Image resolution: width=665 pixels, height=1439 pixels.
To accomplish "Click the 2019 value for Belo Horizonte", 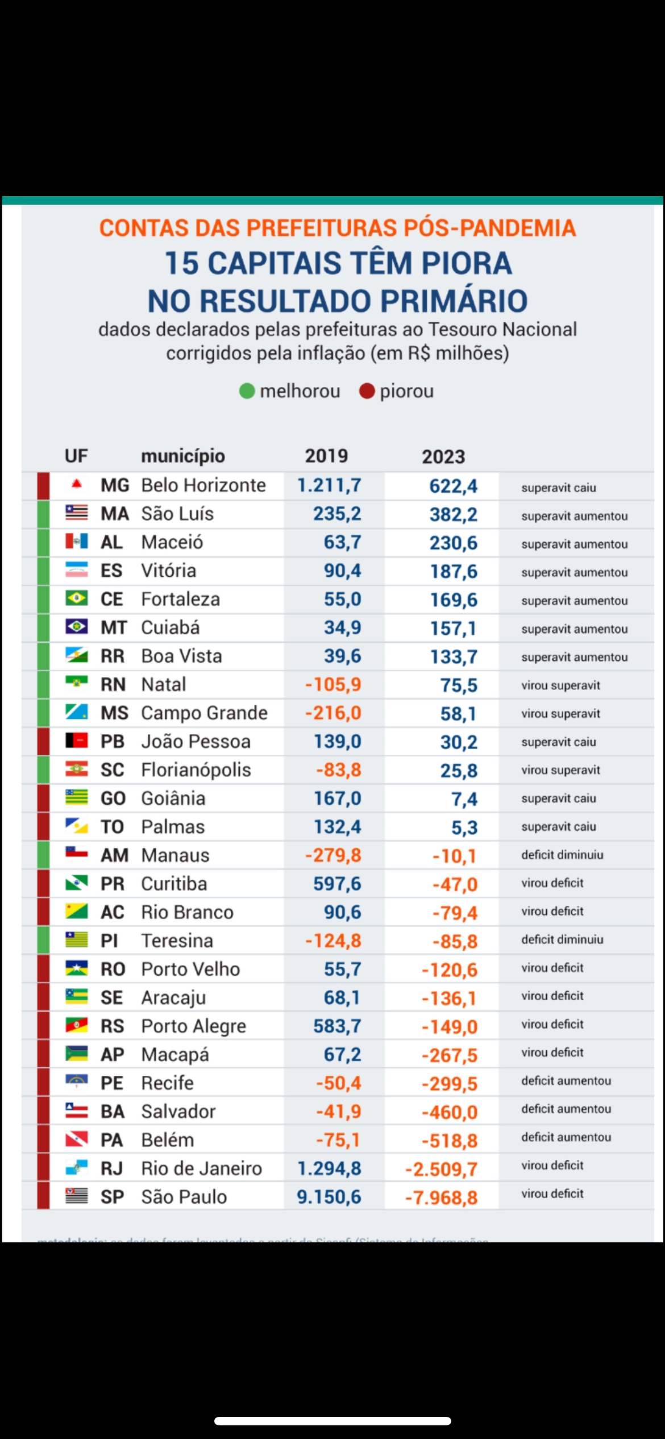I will pos(329,485).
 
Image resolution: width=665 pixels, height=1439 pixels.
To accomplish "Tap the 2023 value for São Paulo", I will pos(441,1197).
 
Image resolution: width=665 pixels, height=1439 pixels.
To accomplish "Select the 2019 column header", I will pos(326,456).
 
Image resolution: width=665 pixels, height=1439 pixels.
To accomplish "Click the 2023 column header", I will pos(443,456).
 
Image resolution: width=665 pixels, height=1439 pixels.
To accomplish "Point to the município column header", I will pos(183,456).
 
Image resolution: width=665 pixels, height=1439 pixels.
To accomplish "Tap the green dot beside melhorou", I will pos(247,391).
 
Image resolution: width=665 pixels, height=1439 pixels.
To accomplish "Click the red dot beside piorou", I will pos(367,391).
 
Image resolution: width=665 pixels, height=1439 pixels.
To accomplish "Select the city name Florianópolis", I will pos(196,770).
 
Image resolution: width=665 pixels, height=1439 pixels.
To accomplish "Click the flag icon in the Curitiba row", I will pos(77,883).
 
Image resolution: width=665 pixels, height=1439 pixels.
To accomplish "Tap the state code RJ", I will pos(111,1168).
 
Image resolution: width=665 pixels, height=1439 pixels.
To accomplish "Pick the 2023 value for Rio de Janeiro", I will pos(441,1169).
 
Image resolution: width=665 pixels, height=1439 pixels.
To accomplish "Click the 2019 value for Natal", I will pos(333,685).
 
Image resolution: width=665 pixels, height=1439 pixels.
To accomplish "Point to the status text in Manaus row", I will pos(562,855).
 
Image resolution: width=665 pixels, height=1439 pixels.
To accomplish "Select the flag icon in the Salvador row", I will pos(77,1111).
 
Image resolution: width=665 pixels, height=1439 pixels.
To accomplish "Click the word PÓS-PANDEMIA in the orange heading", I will pos(489,228).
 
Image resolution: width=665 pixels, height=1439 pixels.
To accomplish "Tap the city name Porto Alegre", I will pos(193,1026).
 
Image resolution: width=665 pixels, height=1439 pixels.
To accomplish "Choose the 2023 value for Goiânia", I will pos(464,799).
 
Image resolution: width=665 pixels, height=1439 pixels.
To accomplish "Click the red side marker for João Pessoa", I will pos(43,742).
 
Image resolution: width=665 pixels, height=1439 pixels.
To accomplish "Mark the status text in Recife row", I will pos(566,1081).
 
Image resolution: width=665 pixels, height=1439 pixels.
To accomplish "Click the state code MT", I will pos(113,628).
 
